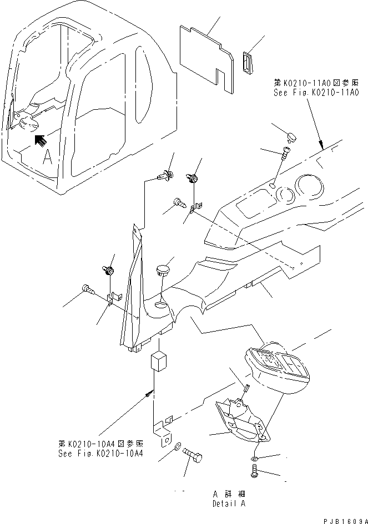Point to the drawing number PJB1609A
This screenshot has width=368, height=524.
point(341,518)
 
